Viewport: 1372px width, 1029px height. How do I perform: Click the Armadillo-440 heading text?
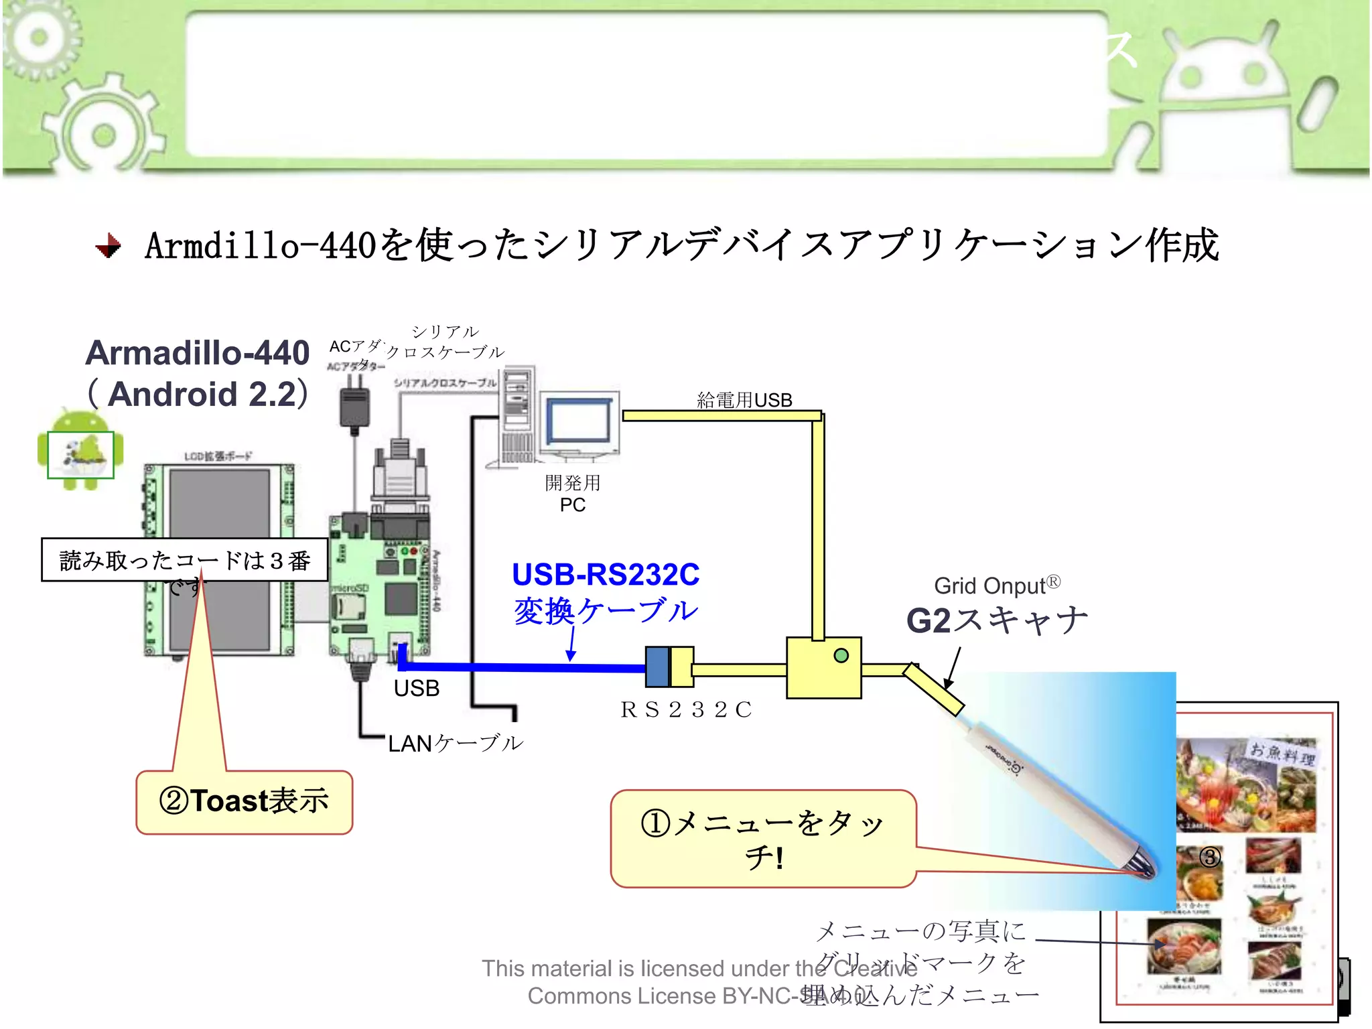[x=198, y=353]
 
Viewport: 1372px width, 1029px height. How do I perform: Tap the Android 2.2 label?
[x=199, y=394]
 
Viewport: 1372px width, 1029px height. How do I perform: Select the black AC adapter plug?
[x=354, y=405]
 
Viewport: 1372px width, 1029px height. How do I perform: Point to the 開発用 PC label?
[x=573, y=493]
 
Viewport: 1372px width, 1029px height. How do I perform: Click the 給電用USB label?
[x=744, y=400]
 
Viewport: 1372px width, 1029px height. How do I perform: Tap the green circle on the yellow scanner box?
[x=841, y=656]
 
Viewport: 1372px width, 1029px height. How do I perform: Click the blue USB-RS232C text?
[x=606, y=575]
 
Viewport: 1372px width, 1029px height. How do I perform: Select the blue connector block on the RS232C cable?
[x=657, y=667]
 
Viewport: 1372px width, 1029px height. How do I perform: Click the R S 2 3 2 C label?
[x=686, y=709]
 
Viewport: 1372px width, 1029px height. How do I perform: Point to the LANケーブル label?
[x=456, y=744]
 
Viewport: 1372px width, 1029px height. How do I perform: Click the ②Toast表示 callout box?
[x=245, y=802]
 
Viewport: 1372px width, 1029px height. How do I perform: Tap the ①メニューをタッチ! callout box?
[x=763, y=839]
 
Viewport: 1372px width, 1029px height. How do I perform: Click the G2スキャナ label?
[x=996, y=620]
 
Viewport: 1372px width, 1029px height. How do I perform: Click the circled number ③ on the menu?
[x=1209, y=857]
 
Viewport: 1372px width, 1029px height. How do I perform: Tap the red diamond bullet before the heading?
[x=108, y=246]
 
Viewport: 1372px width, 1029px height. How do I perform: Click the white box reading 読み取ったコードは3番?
[x=184, y=560]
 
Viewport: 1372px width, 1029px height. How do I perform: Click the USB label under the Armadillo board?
[x=417, y=689]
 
